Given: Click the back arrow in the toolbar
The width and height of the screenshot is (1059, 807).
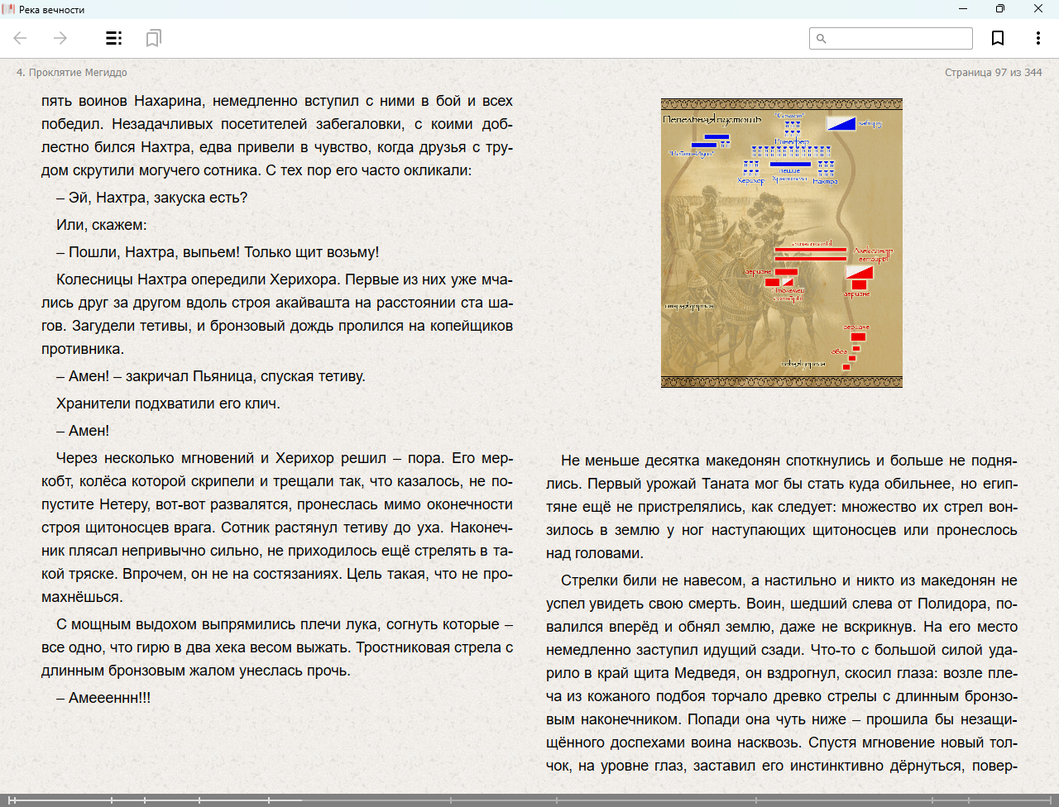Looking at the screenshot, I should coord(21,38).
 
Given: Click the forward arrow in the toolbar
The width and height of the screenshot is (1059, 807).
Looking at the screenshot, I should coord(60,38).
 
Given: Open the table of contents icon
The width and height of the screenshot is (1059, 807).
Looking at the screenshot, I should coord(114,38).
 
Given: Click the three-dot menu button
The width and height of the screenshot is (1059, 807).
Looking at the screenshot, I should coord(1037,38).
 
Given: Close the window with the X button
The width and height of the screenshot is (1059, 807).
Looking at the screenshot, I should coord(1038,9).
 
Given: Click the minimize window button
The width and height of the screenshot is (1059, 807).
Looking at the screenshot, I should coord(963,9).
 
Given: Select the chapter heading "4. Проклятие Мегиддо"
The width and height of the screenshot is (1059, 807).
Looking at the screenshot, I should coord(72,73).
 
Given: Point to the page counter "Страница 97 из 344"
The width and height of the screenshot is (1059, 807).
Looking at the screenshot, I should coord(993,73).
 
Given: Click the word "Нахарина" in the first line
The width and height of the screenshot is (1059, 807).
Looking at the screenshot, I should coord(168,101).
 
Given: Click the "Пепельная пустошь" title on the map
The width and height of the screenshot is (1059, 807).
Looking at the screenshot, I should coord(712,120).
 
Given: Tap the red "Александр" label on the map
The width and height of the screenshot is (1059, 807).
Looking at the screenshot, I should coord(873,251).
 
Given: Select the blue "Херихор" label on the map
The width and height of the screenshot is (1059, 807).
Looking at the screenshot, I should coord(750,181).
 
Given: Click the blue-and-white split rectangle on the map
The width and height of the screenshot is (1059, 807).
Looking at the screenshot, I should coord(841,123).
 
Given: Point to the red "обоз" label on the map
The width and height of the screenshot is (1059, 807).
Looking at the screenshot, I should coord(839,352).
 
